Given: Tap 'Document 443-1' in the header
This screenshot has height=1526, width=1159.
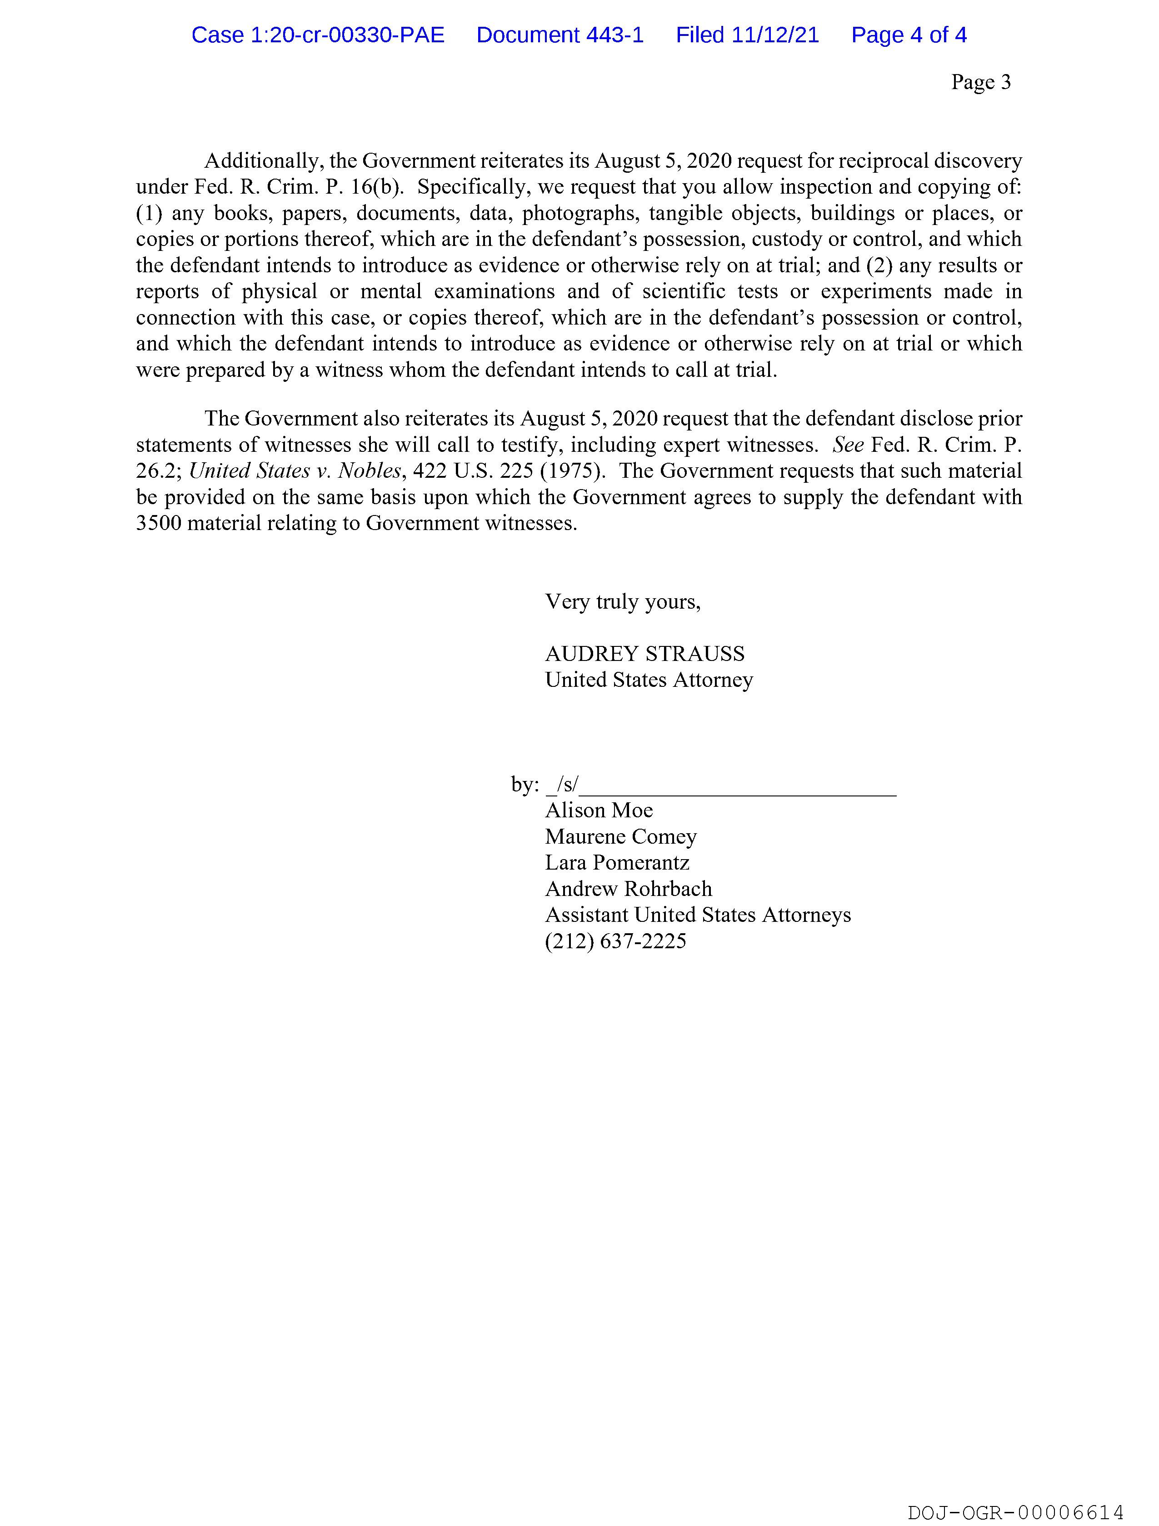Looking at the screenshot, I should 560,35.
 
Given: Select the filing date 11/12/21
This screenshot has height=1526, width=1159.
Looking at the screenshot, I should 775,35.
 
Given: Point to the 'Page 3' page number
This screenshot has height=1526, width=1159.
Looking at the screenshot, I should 980,82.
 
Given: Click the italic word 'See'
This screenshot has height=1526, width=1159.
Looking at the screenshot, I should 848,445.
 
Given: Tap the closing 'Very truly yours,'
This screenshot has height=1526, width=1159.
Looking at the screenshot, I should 622,602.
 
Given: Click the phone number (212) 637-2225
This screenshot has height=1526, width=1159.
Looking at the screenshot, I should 615,942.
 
